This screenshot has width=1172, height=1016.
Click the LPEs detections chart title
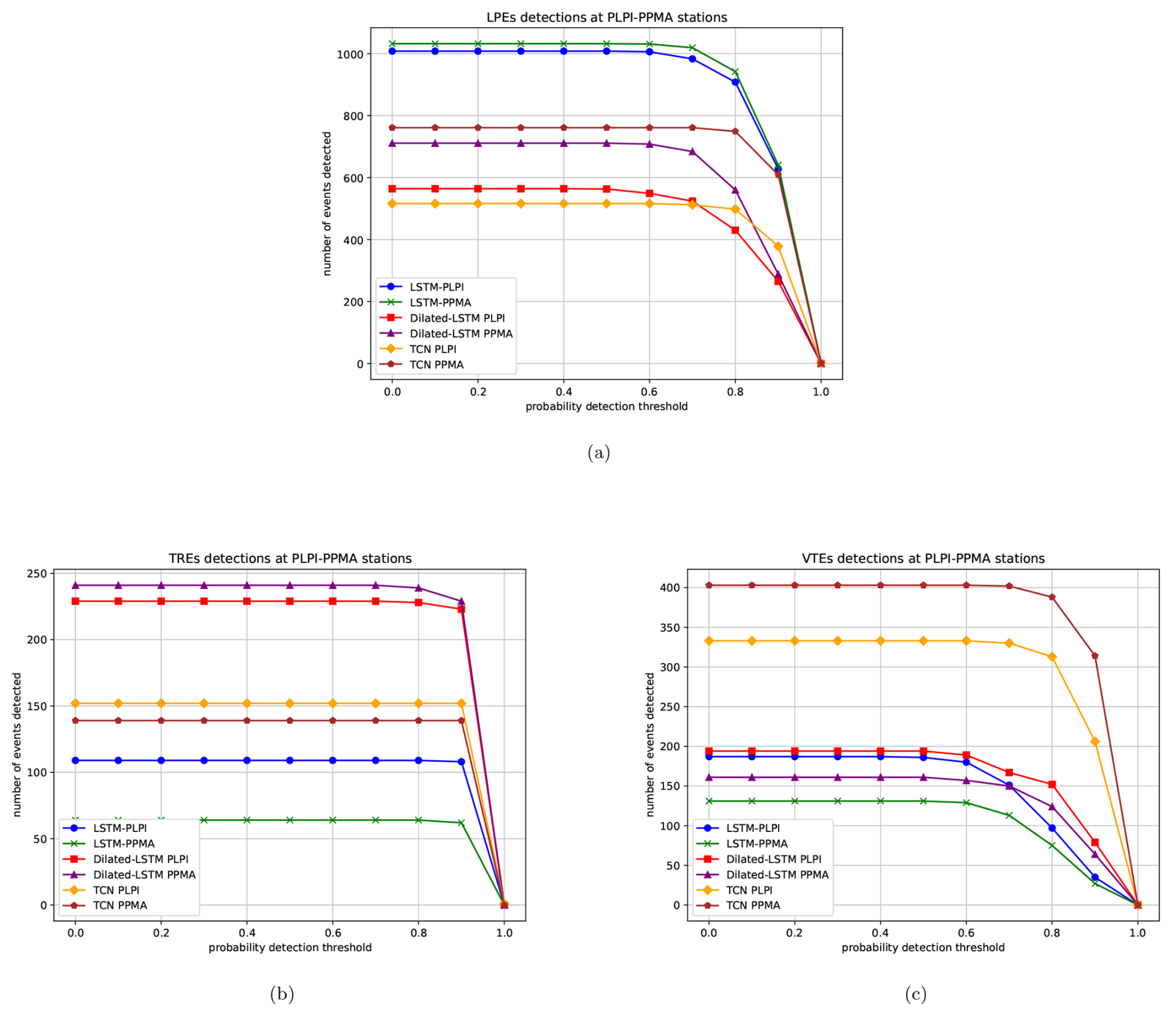606,17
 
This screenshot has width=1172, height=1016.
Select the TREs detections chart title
290,558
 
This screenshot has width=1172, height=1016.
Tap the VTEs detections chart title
923,558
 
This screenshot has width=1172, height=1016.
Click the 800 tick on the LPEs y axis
350,116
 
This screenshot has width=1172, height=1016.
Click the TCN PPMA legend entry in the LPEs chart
436,365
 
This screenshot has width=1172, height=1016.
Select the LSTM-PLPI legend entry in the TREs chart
120,828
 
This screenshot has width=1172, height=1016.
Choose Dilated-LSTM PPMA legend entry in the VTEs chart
777,875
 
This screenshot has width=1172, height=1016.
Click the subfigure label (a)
598,453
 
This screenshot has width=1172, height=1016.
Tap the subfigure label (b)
282,994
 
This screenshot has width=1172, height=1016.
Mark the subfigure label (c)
916,994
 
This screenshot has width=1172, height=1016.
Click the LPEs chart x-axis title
606,406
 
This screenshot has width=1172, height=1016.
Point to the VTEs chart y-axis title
650,745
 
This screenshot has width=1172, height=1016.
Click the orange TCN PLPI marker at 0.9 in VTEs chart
1095,742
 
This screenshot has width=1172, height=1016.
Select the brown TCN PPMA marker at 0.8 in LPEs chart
735,131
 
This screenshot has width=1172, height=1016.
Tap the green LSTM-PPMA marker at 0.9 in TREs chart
461,823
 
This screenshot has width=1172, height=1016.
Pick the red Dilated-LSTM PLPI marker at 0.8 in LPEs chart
735,230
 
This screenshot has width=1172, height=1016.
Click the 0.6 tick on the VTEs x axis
966,932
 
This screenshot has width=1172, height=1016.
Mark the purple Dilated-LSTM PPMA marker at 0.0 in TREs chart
76,585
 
